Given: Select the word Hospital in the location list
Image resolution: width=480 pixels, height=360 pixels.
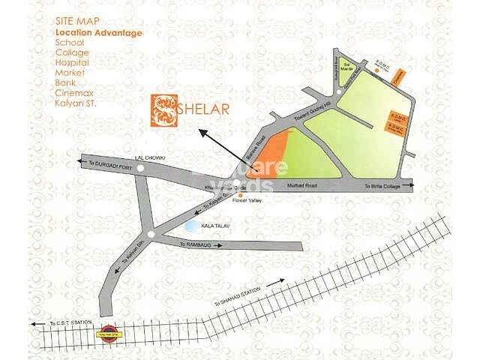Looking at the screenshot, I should (72, 63).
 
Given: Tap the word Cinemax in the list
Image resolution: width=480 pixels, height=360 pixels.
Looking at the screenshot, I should (73, 92).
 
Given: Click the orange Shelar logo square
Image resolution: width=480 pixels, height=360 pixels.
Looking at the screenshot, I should (163, 110).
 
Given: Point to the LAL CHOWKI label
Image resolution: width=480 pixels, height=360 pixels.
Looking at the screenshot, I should (148, 158).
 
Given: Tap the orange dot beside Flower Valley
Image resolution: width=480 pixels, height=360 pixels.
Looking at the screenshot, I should (240, 196).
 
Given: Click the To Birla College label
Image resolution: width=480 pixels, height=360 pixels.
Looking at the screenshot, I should (384, 184).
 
